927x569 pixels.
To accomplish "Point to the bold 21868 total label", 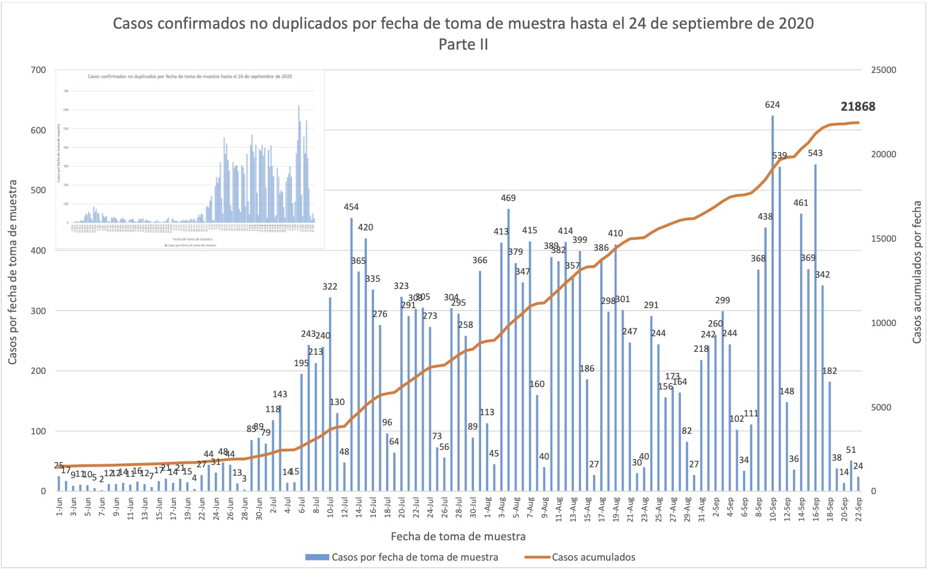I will click(x=858, y=107).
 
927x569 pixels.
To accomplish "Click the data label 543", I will click(x=815, y=153).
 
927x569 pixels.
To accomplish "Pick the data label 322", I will click(x=330, y=287).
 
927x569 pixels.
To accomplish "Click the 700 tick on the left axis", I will click(x=38, y=70).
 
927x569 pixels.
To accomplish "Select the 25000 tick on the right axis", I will click(x=883, y=70).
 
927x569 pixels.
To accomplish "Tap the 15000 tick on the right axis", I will click(x=883, y=239).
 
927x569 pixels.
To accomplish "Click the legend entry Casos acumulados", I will click(x=593, y=557).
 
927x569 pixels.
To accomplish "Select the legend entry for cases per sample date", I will click(x=414, y=557).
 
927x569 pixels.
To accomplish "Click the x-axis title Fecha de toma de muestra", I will click(x=458, y=536).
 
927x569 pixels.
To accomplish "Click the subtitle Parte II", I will click(x=463, y=44).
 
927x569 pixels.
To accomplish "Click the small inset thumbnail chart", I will click(x=190, y=159).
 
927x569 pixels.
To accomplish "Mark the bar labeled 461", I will click(x=801, y=352).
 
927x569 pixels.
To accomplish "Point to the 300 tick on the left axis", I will click(x=38, y=311).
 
